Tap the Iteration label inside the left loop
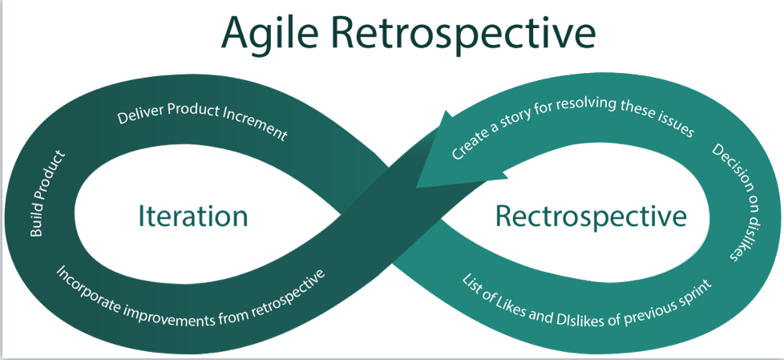click(193, 216)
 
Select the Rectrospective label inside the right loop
click(591, 216)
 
